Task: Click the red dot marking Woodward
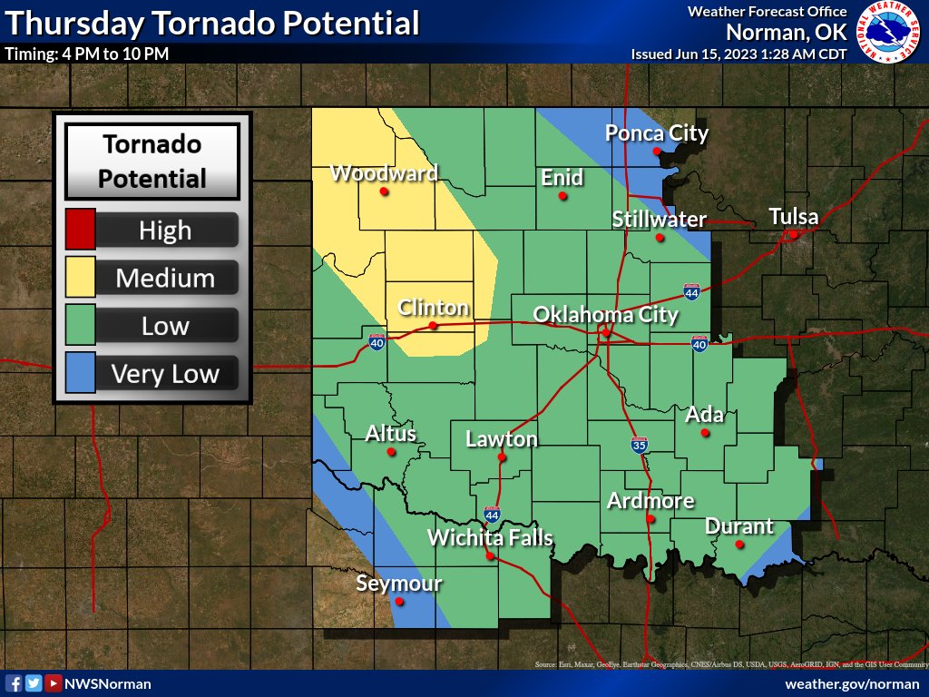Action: pos(384,191)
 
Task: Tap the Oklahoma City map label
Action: pos(605,314)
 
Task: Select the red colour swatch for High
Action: pos(81,230)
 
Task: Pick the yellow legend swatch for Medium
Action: pos(81,277)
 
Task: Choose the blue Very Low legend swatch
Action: pos(81,373)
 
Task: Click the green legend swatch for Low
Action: pos(81,325)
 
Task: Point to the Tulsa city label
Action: pos(794,217)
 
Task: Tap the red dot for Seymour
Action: pos(400,601)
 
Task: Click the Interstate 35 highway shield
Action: pos(640,445)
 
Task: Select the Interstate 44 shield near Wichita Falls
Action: pos(492,514)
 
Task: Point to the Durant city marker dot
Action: pos(739,545)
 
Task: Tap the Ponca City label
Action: pos(657,133)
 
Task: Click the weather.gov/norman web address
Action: pos(852,683)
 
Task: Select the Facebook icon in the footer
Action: pos(15,683)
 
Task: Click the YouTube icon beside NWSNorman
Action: pos(54,683)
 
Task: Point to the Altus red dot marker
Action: pos(391,451)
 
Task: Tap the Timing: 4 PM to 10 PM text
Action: pos(87,54)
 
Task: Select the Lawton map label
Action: pos(501,439)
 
